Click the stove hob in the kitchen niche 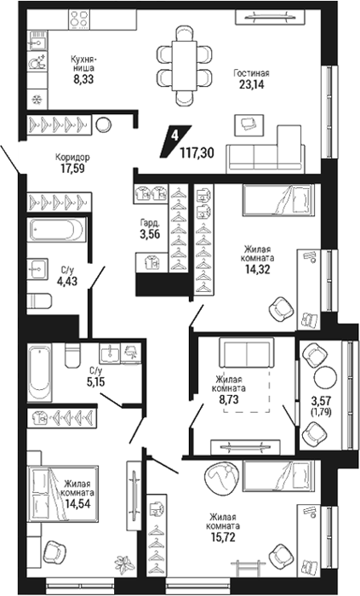(x=79, y=19)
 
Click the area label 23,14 (x=251, y=84)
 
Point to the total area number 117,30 (x=197, y=153)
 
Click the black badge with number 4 (x=175, y=141)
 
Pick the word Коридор (x=72, y=157)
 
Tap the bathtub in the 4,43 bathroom (x=56, y=230)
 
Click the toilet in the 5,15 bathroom (x=72, y=355)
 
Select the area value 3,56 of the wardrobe (x=150, y=234)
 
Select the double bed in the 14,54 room (x=63, y=493)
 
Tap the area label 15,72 (x=223, y=536)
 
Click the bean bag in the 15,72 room (x=222, y=477)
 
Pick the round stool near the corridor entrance (x=103, y=124)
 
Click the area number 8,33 (x=83, y=79)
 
